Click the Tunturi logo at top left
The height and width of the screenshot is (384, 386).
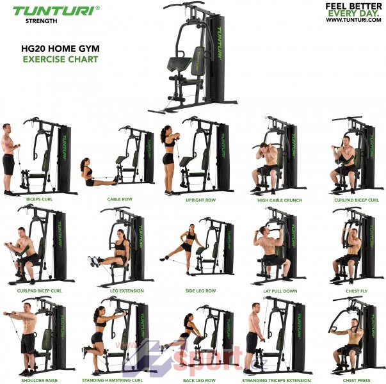tap(56, 11)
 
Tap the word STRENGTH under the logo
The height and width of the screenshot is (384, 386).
tap(42, 21)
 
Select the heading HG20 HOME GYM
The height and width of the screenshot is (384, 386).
tap(60, 49)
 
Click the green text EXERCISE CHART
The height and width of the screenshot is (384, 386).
tap(60, 60)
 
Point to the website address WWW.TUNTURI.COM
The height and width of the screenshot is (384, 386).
tap(353, 20)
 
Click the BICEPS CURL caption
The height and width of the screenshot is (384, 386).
tap(40, 199)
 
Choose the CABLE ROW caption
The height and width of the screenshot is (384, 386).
tap(120, 199)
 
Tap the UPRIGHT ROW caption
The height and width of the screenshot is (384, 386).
tap(200, 200)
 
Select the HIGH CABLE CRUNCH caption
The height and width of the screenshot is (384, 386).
tap(280, 200)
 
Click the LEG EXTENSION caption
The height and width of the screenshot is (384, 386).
tap(127, 291)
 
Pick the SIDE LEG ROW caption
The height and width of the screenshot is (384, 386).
tap(200, 291)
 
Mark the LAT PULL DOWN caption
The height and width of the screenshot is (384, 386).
tap(280, 291)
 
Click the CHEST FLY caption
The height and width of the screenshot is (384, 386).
tap(357, 291)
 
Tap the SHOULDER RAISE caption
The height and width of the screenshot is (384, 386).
tap(40, 380)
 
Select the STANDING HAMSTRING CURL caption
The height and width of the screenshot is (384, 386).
tap(112, 380)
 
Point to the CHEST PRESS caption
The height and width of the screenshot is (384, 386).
tap(357, 381)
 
